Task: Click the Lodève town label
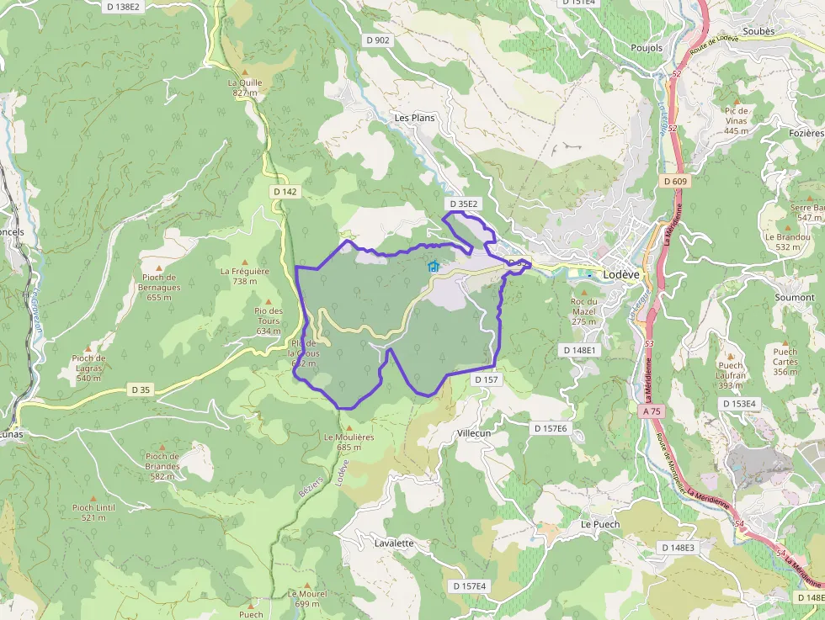(621, 274)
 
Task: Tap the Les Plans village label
(414, 118)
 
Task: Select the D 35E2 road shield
(463, 204)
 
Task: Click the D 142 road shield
(285, 192)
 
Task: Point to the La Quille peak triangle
(245, 72)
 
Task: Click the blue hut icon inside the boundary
(434, 267)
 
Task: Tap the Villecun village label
(473, 432)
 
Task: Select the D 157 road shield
(487, 380)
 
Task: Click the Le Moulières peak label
(349, 442)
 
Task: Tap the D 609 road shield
(675, 181)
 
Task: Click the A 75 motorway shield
(652, 411)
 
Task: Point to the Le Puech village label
(599, 524)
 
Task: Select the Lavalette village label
(393, 543)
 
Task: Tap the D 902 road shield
(378, 40)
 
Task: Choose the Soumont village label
(794, 297)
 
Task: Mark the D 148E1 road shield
(579, 349)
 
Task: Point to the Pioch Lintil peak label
(93, 512)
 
